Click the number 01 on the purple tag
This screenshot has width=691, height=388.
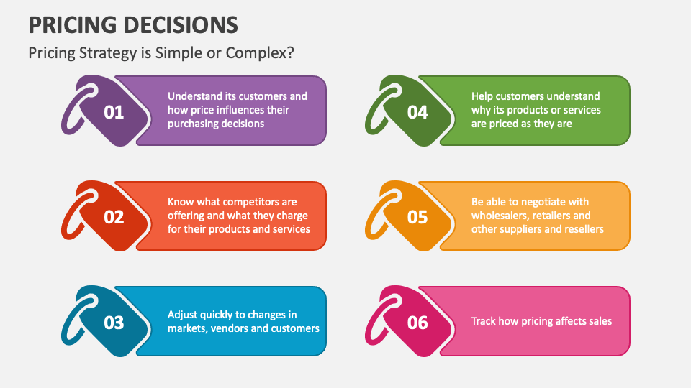114,113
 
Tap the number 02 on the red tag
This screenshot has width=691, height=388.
114,217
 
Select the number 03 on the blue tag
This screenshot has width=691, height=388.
114,323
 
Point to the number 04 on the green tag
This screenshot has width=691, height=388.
417,113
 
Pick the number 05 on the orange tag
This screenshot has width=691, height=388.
417,217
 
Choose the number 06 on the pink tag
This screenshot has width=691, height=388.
417,323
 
